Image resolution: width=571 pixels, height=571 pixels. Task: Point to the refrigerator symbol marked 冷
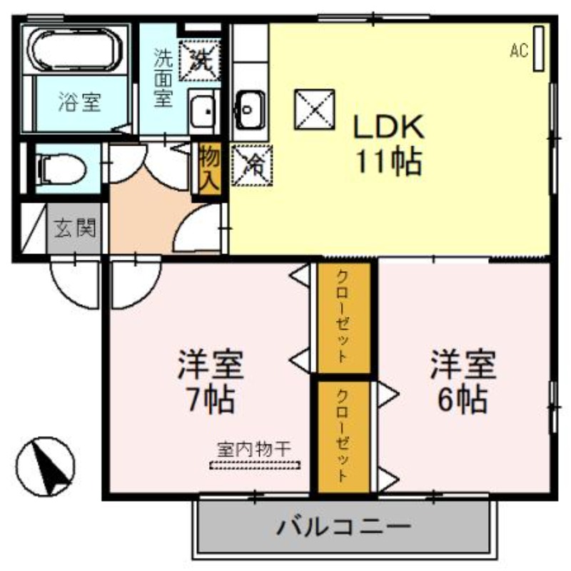(x=251, y=164)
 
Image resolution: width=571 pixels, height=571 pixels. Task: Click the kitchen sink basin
(x=250, y=110)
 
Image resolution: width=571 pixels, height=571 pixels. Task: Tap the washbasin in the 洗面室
(x=204, y=113)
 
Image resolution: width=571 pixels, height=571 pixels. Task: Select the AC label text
(x=519, y=50)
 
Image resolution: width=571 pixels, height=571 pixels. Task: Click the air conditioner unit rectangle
(x=539, y=49)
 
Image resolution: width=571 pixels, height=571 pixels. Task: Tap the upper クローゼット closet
(x=343, y=317)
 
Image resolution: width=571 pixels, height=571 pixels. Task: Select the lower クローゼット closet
(x=343, y=436)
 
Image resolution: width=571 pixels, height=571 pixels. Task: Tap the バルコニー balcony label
(x=344, y=528)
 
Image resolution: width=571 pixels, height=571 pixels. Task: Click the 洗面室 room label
(x=163, y=77)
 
